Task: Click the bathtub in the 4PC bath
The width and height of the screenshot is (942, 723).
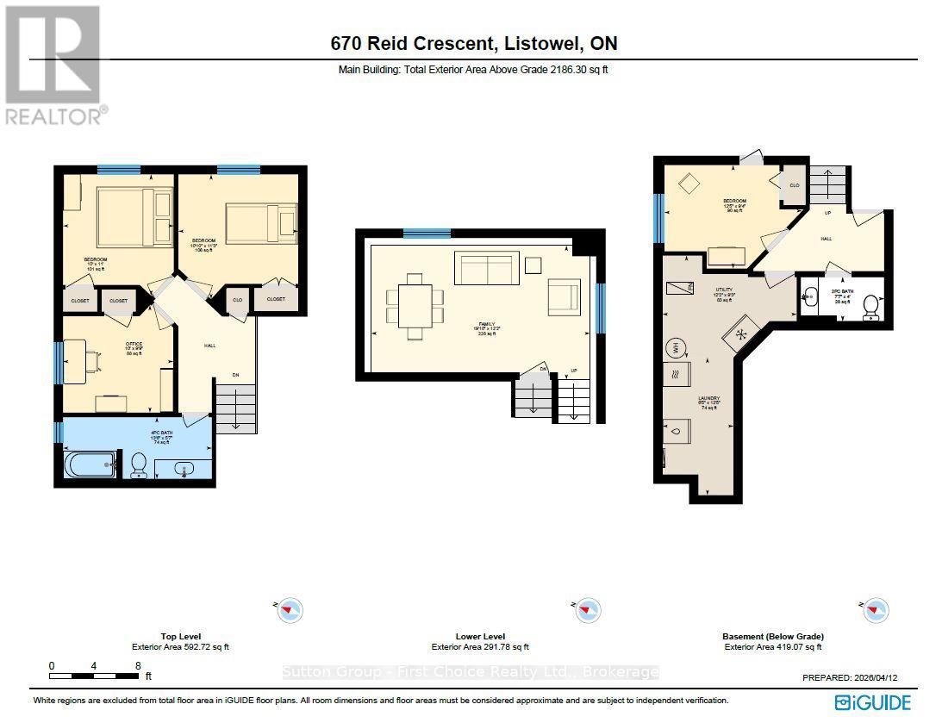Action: [91, 465]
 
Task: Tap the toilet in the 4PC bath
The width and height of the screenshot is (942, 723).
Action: [138, 466]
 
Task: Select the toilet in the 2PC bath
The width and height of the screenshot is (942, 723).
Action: [870, 305]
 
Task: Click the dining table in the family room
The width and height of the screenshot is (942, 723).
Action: [415, 306]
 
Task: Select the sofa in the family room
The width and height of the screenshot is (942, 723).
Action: [487, 268]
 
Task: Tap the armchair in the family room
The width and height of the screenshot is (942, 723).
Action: [564, 296]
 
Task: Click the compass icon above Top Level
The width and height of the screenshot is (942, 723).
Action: [290, 610]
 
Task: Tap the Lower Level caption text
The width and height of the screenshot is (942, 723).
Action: [480, 637]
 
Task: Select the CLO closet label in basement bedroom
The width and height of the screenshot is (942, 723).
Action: [794, 185]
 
